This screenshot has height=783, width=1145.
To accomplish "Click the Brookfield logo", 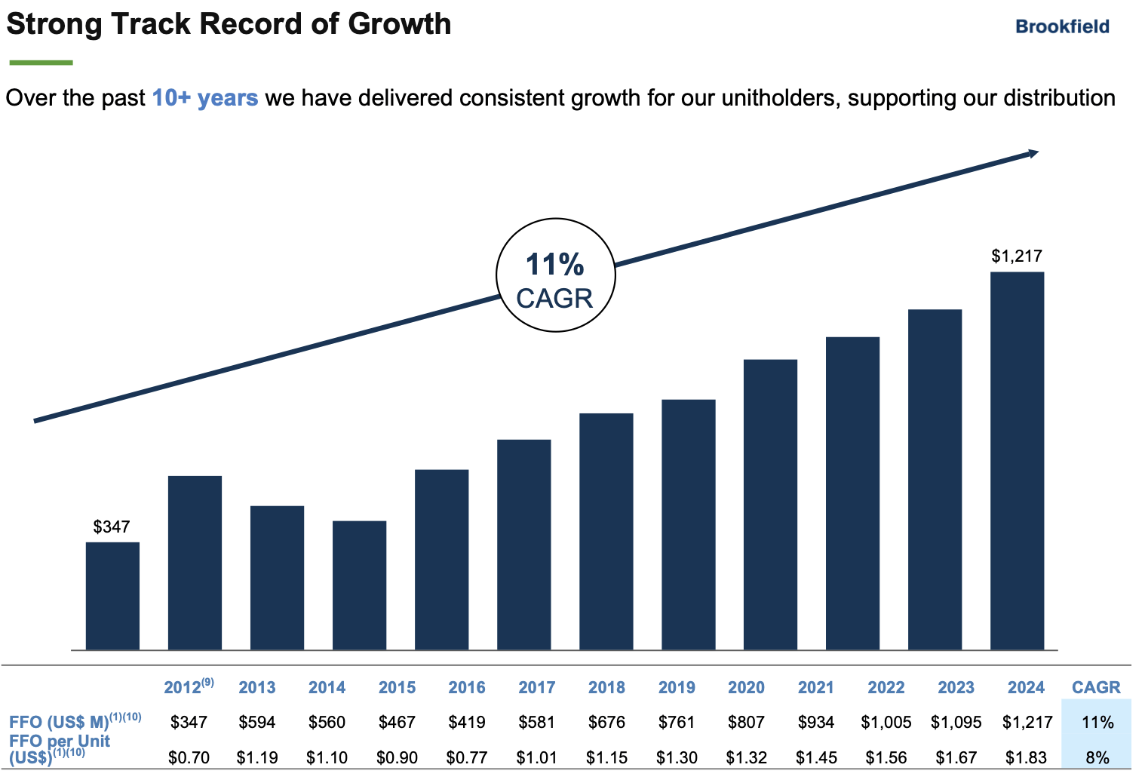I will pyautogui.click(x=1062, y=26).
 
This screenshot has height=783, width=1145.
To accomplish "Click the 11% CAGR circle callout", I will pyautogui.click(x=555, y=275).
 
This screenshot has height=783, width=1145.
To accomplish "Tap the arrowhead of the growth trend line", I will pyautogui.click(x=1032, y=154).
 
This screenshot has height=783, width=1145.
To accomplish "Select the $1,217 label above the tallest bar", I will pyautogui.click(x=1016, y=256).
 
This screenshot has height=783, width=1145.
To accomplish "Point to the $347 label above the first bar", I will pyautogui.click(x=112, y=527).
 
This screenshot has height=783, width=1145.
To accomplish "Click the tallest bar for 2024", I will pyautogui.click(x=1017, y=460).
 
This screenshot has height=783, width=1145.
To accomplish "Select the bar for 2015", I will pyautogui.click(x=359, y=585).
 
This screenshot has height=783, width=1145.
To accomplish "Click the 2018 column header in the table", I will pyautogui.click(x=606, y=687).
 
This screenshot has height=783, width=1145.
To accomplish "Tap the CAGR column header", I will pyautogui.click(x=1096, y=687).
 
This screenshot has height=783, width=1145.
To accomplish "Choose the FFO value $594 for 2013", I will pyautogui.click(x=257, y=722).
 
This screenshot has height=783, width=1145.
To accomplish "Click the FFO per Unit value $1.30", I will pyautogui.click(x=677, y=757).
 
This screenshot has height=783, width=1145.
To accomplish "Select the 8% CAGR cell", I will pyautogui.click(x=1097, y=757).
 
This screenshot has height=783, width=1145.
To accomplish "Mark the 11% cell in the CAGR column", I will pyautogui.click(x=1097, y=722).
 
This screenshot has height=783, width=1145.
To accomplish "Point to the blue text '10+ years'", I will pyautogui.click(x=205, y=98).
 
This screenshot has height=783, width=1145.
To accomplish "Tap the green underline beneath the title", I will pyautogui.click(x=41, y=63).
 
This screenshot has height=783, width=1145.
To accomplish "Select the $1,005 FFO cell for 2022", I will pyautogui.click(x=886, y=722).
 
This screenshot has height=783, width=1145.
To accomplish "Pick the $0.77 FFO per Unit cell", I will pyautogui.click(x=467, y=757).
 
